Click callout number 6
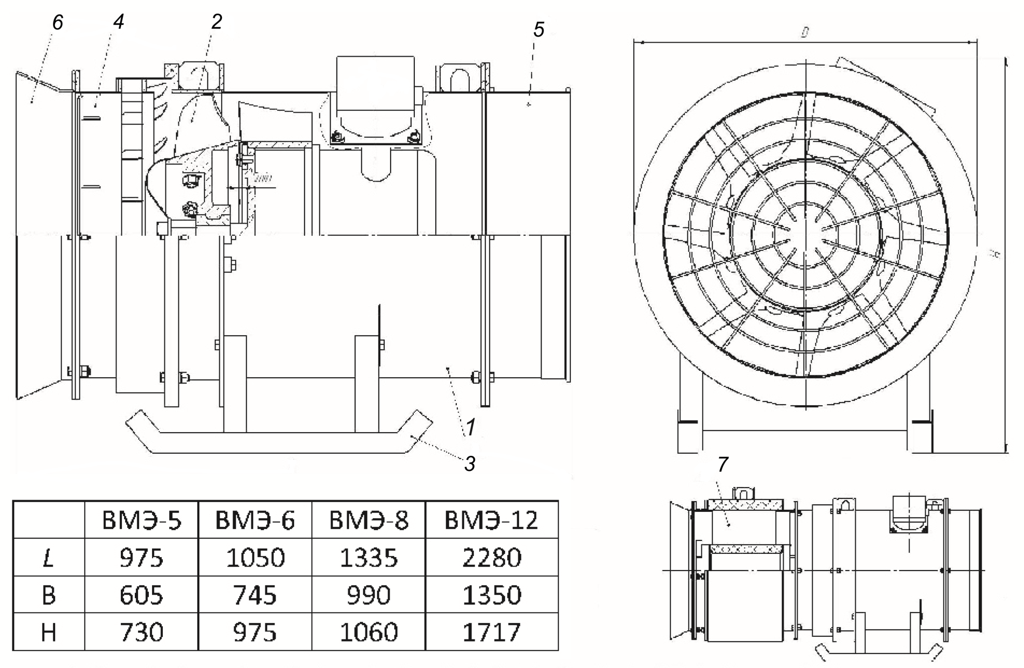point(58,22)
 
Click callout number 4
point(118,22)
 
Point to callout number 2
point(216,22)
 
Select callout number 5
point(539,30)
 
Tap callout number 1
point(471,427)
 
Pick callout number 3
point(470,464)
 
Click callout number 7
point(723,464)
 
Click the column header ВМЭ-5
point(142,520)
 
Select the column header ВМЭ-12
point(491,520)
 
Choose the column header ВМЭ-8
point(368,520)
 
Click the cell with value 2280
point(491,558)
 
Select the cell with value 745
point(255,595)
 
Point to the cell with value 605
point(142,595)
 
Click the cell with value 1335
point(368,558)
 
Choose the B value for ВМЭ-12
point(491,595)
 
